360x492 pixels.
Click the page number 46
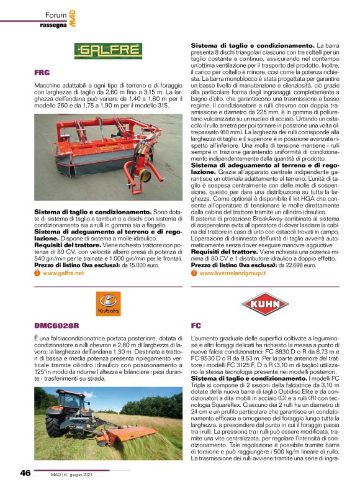25,473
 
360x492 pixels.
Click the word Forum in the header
55,14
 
